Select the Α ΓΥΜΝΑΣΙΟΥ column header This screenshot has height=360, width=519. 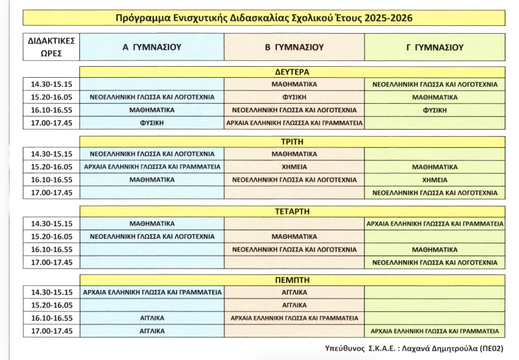(x=152, y=47)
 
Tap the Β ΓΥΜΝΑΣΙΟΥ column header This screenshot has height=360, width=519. (x=295, y=47)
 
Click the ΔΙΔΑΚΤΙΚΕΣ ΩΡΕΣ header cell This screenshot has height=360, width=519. (x=51, y=47)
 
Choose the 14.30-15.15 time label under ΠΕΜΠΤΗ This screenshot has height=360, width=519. (x=51, y=293)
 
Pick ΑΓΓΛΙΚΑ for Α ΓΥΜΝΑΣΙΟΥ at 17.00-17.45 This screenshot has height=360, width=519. (x=151, y=331)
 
